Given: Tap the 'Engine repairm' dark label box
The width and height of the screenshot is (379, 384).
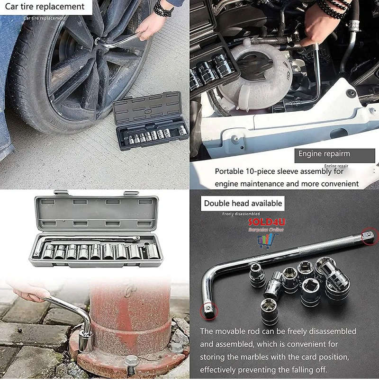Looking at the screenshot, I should [x=324, y=154].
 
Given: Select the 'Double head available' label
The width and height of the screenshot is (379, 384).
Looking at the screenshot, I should [x=243, y=204].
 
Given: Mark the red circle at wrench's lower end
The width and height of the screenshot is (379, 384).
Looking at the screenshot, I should [x=209, y=310].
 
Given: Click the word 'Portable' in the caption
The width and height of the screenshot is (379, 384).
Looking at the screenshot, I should [x=230, y=171].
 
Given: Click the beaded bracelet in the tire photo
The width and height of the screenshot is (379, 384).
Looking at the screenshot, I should [x=163, y=9].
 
